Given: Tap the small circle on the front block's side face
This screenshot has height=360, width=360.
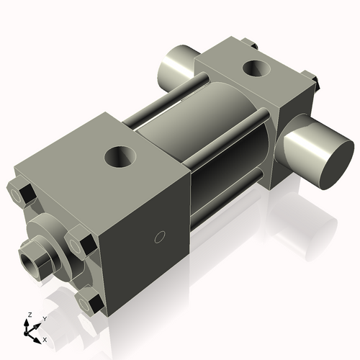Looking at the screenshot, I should (161, 237).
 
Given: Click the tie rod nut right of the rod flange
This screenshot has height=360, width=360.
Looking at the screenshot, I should (78, 241).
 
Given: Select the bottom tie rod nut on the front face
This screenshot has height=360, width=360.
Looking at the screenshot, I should (91, 302).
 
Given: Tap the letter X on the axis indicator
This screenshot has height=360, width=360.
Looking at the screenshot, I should (45, 338).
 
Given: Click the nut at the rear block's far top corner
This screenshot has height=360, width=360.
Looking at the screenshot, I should (249, 44).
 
